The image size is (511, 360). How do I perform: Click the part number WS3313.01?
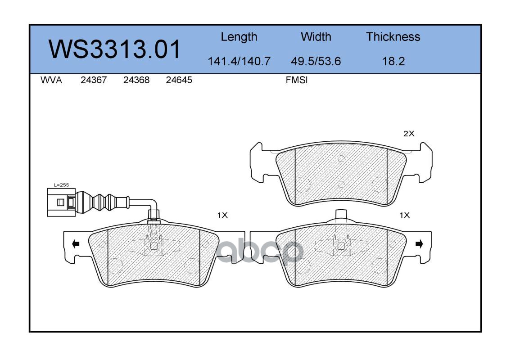(114, 49)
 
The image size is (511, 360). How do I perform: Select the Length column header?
(239, 37)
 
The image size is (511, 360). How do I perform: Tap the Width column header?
(316, 36)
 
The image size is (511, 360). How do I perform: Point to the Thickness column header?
(393, 36)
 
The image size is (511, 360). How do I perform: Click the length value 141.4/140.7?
(239, 61)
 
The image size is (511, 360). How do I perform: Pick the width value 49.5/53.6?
(316, 61)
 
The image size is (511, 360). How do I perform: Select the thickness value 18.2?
(393, 61)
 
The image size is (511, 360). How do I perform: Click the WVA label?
(51, 80)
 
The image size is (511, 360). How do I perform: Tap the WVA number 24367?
(94, 80)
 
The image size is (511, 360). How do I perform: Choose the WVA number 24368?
(136, 80)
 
